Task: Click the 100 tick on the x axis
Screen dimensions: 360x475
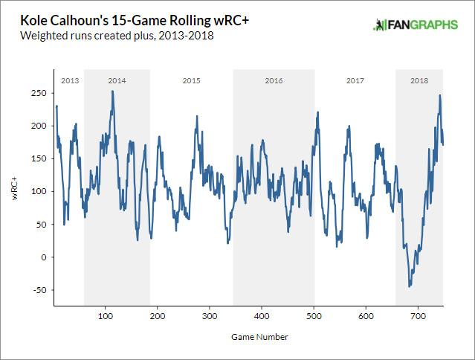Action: coord(106,315)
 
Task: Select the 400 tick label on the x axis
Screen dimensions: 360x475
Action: coord(262,315)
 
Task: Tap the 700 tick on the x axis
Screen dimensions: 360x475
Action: coord(418,315)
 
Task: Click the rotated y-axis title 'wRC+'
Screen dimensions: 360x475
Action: coord(14,191)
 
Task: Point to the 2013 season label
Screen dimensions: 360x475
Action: coord(69,80)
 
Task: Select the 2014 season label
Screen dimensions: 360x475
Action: coord(117,80)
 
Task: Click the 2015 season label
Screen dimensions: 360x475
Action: coord(191,80)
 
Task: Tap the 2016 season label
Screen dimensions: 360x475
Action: coord(274,80)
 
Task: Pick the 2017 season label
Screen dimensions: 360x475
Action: coord(355,80)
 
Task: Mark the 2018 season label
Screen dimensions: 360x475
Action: coord(419,80)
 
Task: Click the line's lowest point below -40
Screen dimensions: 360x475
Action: coord(410,286)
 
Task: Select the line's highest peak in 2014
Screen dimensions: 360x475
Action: coord(112,91)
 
